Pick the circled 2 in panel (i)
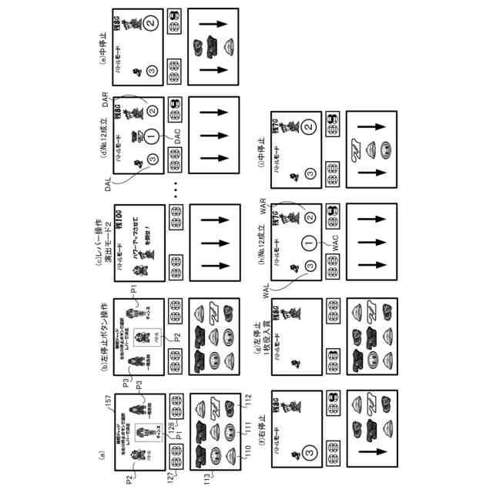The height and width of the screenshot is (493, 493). [310, 126]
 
